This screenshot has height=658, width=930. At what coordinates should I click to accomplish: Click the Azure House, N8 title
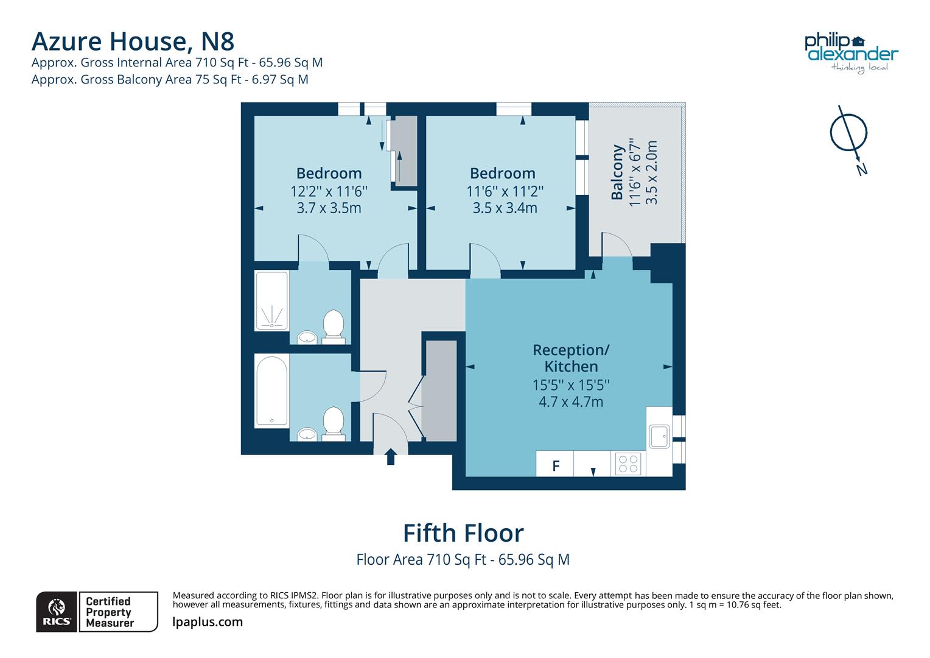click(x=133, y=41)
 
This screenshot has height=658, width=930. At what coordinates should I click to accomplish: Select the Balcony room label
click(x=617, y=172)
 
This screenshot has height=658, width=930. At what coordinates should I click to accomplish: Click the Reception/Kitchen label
click(x=570, y=358)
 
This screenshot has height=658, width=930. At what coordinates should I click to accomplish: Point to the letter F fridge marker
click(x=555, y=466)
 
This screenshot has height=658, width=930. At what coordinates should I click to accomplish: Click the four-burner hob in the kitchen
click(x=628, y=464)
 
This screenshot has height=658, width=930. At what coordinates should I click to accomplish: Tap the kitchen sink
click(x=659, y=436)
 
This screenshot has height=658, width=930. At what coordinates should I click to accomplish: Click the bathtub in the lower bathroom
click(x=271, y=391)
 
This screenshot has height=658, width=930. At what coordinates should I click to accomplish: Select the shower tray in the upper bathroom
click(x=271, y=301)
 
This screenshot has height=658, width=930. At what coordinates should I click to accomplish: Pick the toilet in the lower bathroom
click(x=333, y=422)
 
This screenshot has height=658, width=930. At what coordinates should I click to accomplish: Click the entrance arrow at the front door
click(x=391, y=456)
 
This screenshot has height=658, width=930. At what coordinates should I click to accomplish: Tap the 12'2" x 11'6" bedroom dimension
click(x=329, y=191)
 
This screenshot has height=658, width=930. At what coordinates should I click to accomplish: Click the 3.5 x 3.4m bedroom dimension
click(x=505, y=208)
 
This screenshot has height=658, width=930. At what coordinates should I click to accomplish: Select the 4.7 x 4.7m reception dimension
click(x=570, y=402)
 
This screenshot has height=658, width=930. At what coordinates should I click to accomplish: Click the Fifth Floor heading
click(x=463, y=533)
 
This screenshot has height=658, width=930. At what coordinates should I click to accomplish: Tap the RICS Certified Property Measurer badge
click(x=97, y=611)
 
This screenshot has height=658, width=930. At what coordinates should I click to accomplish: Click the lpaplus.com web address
click(x=208, y=622)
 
